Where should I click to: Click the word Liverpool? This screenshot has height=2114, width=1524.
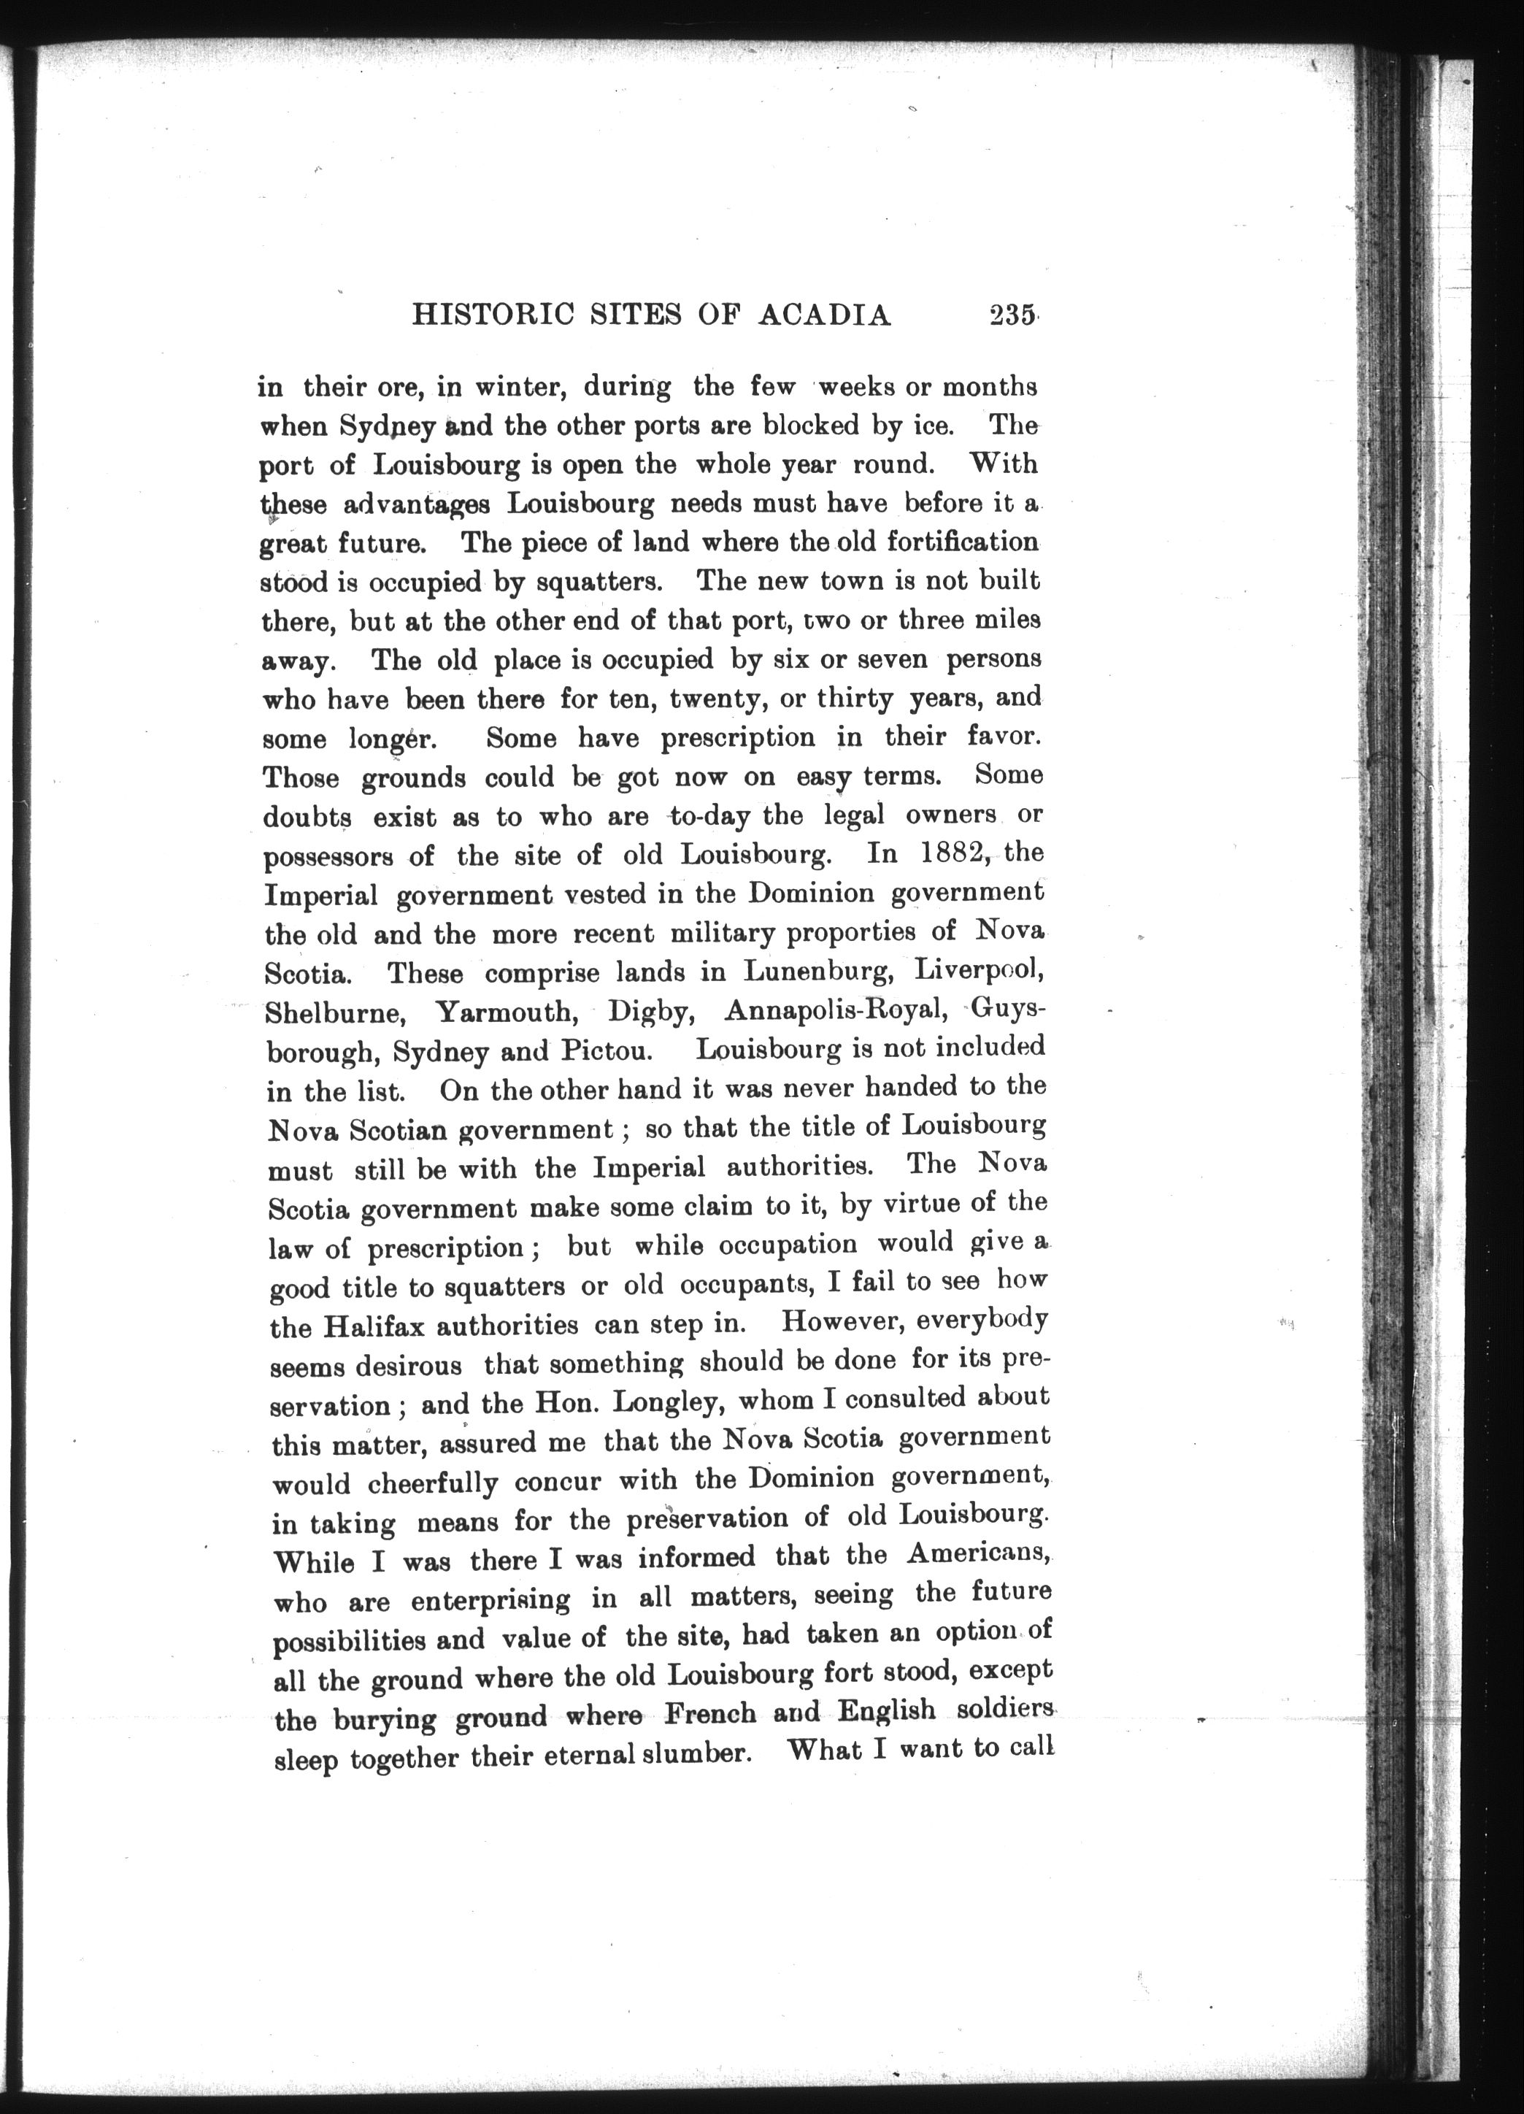point(978,969)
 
